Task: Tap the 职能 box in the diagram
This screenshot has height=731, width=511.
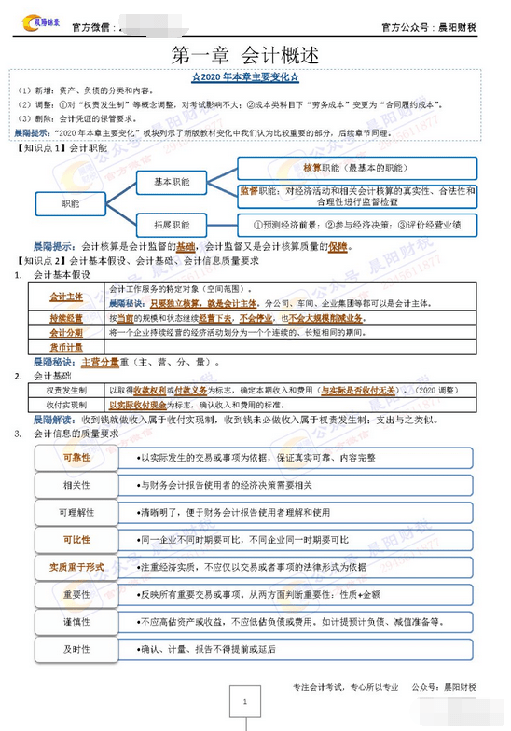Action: click(x=72, y=202)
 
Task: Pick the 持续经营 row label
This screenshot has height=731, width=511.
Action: click(x=66, y=318)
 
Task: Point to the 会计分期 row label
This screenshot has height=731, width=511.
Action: click(x=66, y=332)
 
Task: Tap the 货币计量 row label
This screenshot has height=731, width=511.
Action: click(x=66, y=347)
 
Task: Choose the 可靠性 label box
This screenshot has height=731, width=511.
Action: click(x=76, y=458)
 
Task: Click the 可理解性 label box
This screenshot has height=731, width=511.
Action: click(x=76, y=512)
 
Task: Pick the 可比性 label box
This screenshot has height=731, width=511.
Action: click(x=76, y=539)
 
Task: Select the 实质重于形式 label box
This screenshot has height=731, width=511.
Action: click(x=76, y=567)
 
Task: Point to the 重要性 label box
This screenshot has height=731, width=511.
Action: click(x=76, y=594)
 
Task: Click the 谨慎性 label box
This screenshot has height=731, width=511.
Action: click(x=76, y=621)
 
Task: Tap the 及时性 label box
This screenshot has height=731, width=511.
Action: click(x=76, y=648)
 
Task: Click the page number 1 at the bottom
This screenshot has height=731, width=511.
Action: click(x=244, y=701)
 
